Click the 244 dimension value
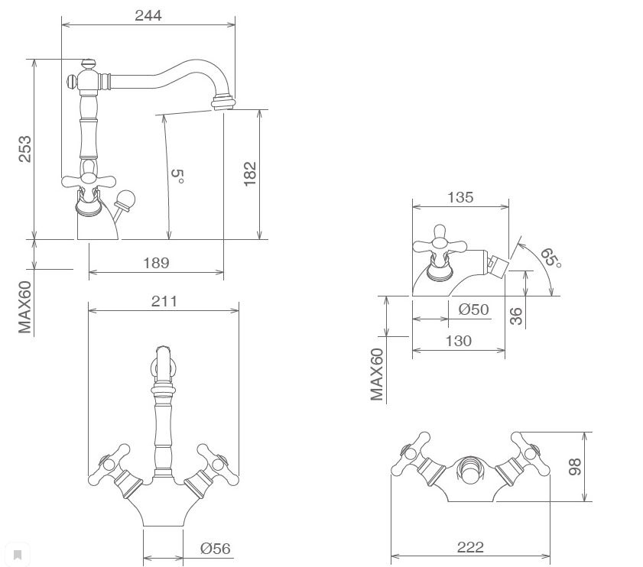148,15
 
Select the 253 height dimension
25,149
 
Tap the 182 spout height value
250,173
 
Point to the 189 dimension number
156,263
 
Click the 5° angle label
177,176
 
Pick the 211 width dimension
164,301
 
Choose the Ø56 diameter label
216,548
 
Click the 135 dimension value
460,197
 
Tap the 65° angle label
550,258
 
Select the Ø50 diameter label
473,309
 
